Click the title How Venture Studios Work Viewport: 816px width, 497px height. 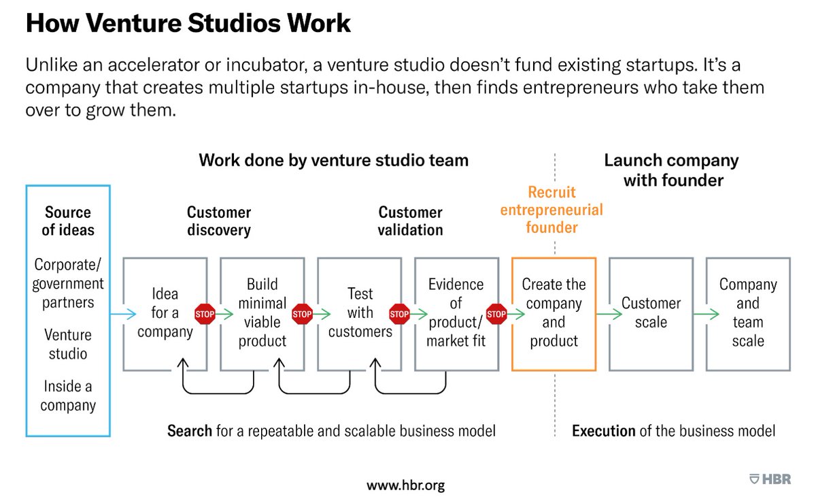188,24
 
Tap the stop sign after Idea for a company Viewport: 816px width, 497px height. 205,314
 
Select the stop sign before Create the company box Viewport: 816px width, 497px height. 497,314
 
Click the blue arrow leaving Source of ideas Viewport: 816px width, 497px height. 122,314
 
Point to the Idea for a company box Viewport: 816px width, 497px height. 165,314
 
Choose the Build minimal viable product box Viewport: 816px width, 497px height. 262,312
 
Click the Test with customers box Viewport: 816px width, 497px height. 360,312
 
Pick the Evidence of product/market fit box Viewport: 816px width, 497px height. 456,312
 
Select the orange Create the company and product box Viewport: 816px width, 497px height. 554,313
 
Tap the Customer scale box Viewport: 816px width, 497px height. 651,313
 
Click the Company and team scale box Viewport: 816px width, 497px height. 748,313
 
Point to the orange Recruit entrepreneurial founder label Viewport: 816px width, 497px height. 551,210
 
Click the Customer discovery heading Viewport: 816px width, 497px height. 219,221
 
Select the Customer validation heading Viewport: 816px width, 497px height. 411,221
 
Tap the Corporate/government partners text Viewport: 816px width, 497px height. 68,283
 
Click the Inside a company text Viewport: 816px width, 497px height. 68,396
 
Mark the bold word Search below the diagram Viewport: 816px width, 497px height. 190,431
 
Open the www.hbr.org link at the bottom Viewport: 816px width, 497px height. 406,485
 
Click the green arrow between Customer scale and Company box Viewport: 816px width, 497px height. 706,314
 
